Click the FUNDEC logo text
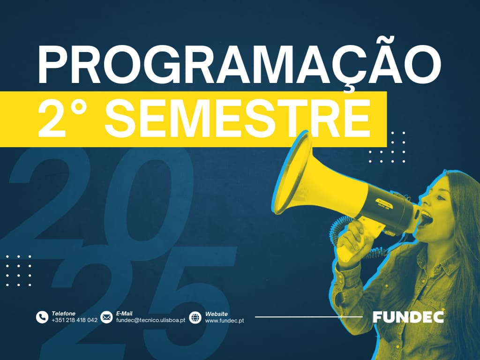[x=408, y=317]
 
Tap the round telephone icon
[x=42, y=317]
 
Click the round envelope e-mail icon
[x=106, y=317]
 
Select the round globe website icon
[x=195, y=317]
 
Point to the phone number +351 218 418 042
[x=75, y=320]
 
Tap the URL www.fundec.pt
[x=225, y=321]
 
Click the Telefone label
[x=63, y=314]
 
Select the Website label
[x=217, y=314]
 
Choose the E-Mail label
[x=124, y=314]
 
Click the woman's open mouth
[x=427, y=218]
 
